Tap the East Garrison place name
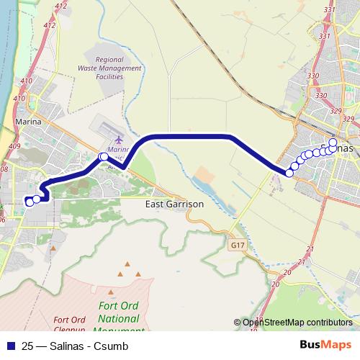[x=174, y=204]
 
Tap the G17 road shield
[x=236, y=245]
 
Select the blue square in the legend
[x=9, y=345]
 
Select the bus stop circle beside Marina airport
[x=104, y=156]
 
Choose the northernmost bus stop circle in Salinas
[x=333, y=142]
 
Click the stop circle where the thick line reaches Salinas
[x=289, y=173]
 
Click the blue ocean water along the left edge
[x=4, y=58]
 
